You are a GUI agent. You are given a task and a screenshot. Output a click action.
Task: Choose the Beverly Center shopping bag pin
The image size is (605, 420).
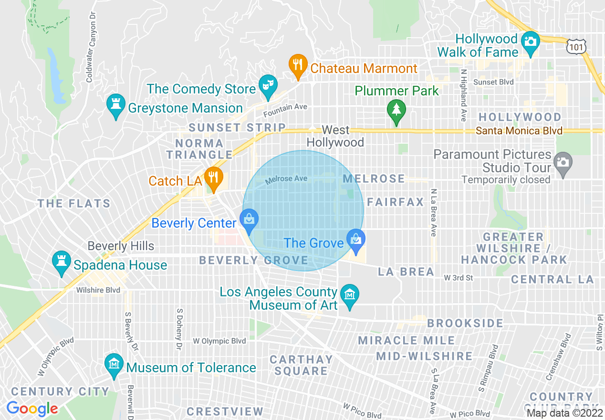point(249,220)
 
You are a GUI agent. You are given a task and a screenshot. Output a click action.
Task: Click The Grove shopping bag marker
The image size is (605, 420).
point(355,239)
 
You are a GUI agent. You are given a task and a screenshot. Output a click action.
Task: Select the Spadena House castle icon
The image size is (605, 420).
point(61,262)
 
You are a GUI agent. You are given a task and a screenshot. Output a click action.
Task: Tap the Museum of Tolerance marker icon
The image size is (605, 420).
point(114,364)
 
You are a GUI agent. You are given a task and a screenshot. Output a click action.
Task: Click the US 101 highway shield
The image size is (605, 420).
point(576,46)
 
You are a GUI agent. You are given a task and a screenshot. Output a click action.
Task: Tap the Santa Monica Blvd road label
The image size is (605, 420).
point(519,131)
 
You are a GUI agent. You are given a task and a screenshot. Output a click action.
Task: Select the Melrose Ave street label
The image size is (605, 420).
point(286,179)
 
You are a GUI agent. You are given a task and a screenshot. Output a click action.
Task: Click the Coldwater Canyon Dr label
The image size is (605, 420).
point(91,45)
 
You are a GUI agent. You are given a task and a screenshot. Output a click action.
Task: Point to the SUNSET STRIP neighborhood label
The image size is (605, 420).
point(237,128)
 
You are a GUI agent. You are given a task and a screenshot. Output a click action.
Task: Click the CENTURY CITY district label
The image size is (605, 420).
point(61,392)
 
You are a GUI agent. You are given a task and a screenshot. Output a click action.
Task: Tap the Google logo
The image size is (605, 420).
point(32,409)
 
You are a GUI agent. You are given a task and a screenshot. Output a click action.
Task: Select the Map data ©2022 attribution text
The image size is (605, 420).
point(564,413)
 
